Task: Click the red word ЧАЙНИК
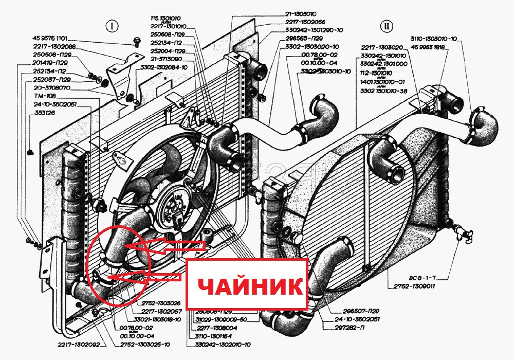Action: tap(246, 284)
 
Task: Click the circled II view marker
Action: tap(386, 26)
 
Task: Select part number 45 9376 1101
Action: tap(50, 39)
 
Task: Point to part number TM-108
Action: tap(44, 96)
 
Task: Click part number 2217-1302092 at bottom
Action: tap(78, 344)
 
